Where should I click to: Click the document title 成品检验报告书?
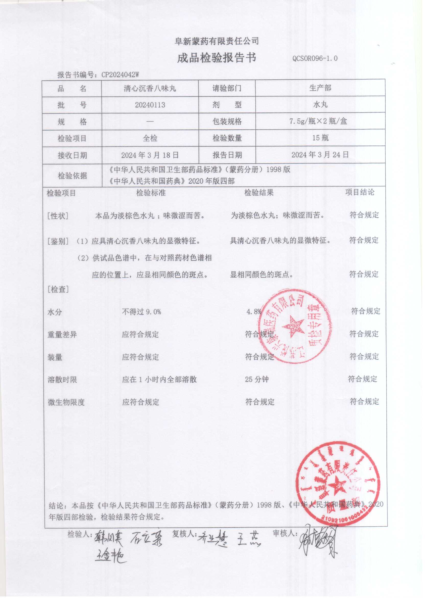(x=216, y=58)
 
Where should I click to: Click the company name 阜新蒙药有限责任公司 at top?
(x=217, y=41)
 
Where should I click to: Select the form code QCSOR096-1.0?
(x=315, y=58)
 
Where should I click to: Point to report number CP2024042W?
(x=120, y=75)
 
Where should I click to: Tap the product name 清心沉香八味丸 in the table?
(x=150, y=88)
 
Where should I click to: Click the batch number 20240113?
(x=150, y=105)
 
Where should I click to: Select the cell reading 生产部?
(x=320, y=88)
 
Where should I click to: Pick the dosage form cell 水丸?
(x=320, y=105)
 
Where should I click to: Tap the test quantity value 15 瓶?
(x=320, y=138)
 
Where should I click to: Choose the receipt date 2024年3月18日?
(x=150, y=155)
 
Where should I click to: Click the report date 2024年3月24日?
(x=320, y=155)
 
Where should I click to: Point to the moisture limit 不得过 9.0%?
(x=141, y=312)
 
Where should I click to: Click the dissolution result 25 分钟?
(x=257, y=380)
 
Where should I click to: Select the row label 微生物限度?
(x=66, y=402)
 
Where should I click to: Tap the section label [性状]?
(x=58, y=216)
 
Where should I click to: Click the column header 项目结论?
(x=360, y=192)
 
